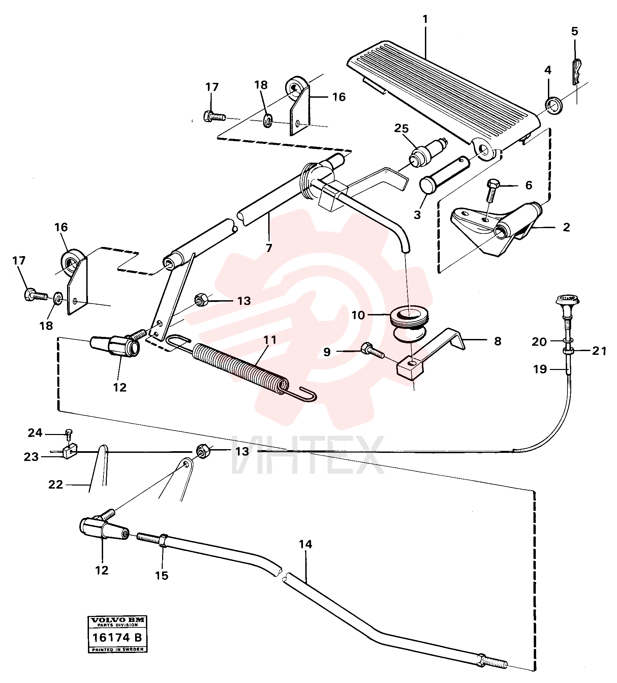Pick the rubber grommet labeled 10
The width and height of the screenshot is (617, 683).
click(x=409, y=318)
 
